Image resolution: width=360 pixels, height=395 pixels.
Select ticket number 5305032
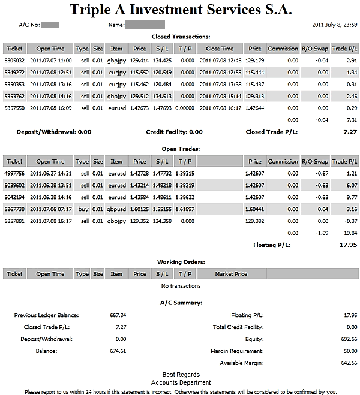[14, 61]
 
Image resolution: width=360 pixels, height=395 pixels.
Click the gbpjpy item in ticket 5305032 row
[116, 61]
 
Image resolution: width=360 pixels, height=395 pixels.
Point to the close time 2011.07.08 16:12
[220, 108]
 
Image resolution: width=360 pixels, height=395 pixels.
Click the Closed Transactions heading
[181, 37]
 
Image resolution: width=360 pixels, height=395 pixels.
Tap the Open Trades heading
[181, 149]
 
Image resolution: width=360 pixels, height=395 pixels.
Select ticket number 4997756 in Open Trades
[14, 173]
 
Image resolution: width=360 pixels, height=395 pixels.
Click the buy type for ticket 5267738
[83, 209]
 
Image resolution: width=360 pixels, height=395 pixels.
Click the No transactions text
[181, 286]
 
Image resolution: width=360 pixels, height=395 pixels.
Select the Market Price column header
[231, 274]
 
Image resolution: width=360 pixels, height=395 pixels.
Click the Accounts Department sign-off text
[181, 382]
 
